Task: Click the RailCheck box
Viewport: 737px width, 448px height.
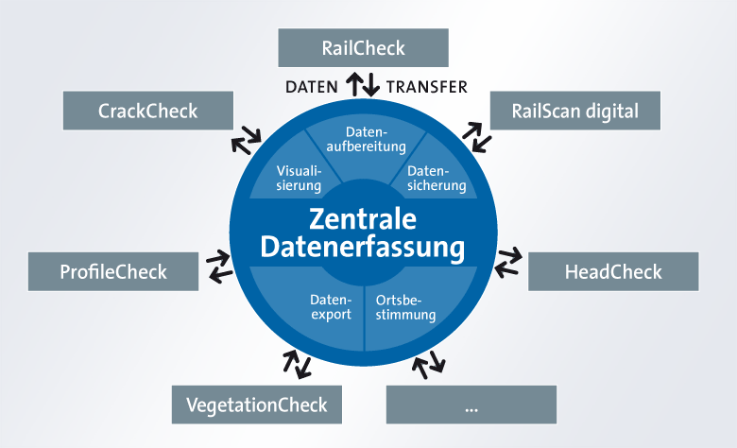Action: pyautogui.click(x=363, y=47)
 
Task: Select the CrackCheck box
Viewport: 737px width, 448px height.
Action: pyautogui.click(x=148, y=111)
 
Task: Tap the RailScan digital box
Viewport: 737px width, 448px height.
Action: pyautogui.click(x=574, y=111)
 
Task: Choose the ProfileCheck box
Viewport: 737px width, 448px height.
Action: pyautogui.click(x=113, y=271)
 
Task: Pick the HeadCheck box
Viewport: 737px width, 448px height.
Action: pyautogui.click(x=613, y=271)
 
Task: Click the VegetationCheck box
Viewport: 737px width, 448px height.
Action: pyautogui.click(x=257, y=405)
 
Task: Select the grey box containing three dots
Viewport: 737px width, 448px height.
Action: pyautogui.click(x=471, y=405)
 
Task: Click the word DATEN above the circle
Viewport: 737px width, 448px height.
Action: pyautogui.click(x=312, y=87)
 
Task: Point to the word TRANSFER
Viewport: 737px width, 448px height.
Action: pyautogui.click(x=427, y=87)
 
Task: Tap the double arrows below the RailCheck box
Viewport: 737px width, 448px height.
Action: pyautogui.click(x=363, y=85)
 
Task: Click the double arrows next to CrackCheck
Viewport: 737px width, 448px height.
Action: pyautogui.click(x=246, y=140)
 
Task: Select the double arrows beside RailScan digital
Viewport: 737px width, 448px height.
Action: pyautogui.click(x=476, y=137)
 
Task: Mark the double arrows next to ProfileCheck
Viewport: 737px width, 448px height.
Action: pyautogui.click(x=219, y=267)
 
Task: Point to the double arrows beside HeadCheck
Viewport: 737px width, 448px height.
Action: pyautogui.click(x=508, y=262)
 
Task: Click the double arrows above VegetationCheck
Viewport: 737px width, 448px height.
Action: pyautogui.click(x=297, y=364)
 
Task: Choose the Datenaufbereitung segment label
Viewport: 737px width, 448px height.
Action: pyautogui.click(x=367, y=139)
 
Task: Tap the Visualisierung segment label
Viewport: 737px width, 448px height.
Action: pyautogui.click(x=299, y=179)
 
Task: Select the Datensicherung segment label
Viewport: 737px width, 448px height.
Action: pyautogui.click(x=437, y=179)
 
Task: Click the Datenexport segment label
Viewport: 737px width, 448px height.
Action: pyautogui.click(x=331, y=307)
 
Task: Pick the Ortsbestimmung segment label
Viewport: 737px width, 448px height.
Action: pyautogui.click(x=405, y=307)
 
